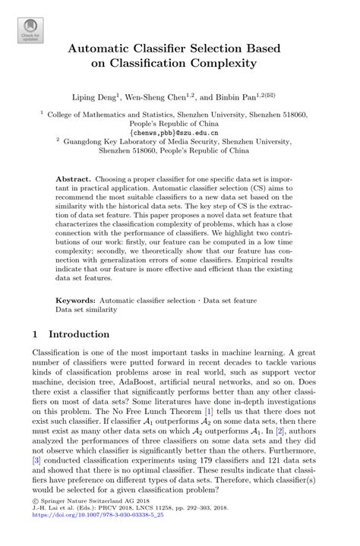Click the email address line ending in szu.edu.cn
tap(179, 131)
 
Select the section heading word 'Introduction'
tap(79, 333)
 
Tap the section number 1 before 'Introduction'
tap(35, 333)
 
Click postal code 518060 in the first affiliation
tap(291, 114)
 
